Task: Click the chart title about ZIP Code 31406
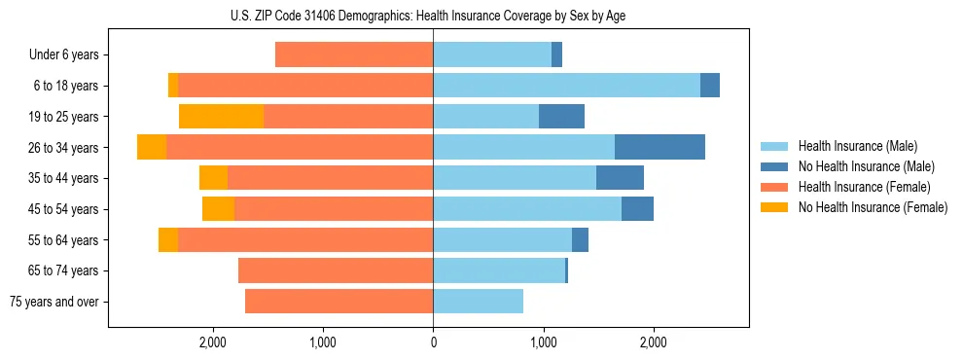click(x=433, y=16)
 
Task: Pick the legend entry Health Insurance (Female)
click(x=856, y=187)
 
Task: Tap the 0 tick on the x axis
click(x=433, y=342)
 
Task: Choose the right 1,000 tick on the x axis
click(x=543, y=342)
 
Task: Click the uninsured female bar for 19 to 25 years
click(x=221, y=117)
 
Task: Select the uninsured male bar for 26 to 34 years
click(x=660, y=147)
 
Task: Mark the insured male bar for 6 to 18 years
click(x=566, y=86)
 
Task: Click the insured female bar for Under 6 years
click(x=354, y=55)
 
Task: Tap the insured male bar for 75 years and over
click(x=478, y=302)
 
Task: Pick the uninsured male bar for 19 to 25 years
click(x=561, y=117)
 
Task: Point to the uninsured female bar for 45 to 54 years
click(x=218, y=209)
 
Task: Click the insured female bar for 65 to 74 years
click(x=336, y=270)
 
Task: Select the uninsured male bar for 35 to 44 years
click(x=620, y=178)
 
